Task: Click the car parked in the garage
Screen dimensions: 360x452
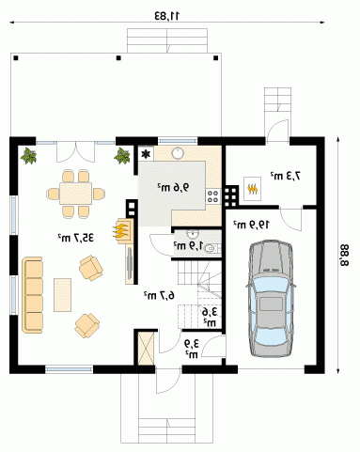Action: (271, 299)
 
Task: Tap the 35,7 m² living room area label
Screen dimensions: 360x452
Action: (76, 238)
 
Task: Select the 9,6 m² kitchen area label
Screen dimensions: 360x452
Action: (173, 187)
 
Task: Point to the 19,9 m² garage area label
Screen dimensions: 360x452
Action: (251, 225)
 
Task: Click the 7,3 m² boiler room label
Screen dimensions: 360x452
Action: (286, 176)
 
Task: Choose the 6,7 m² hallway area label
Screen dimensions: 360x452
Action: (159, 295)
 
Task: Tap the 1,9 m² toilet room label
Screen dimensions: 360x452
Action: (189, 245)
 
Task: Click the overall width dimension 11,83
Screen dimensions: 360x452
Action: (167, 15)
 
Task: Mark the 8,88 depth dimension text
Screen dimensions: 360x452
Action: (344, 255)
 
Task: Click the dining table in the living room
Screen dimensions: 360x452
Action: (76, 194)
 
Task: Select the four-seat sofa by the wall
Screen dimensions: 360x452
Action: (32, 295)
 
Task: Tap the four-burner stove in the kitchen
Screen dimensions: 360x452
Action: (213, 196)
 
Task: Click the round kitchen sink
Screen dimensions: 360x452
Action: (178, 153)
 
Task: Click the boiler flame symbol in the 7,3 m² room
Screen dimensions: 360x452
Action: (252, 189)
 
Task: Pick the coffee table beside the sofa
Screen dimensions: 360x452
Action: (62, 295)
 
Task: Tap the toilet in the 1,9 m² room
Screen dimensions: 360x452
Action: (212, 249)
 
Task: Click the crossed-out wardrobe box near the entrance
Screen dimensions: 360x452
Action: (146, 348)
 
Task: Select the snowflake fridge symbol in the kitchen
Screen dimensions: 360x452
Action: (146, 154)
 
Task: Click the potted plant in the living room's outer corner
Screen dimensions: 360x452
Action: (29, 156)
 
